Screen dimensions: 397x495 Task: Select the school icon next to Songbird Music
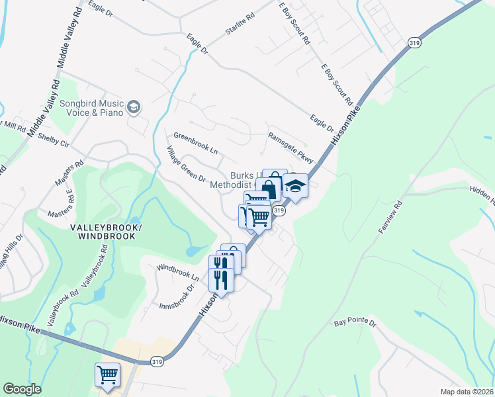134,107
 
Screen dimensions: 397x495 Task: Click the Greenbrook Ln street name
195,143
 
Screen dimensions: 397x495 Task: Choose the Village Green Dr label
187,164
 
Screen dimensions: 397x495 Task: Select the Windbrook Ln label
177,273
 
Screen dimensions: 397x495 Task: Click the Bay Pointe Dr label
355,323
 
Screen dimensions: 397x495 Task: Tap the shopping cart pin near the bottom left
107,375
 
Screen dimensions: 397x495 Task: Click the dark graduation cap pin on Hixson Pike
296,186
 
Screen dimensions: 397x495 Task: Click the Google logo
22,389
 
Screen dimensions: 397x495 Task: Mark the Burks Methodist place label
232,181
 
